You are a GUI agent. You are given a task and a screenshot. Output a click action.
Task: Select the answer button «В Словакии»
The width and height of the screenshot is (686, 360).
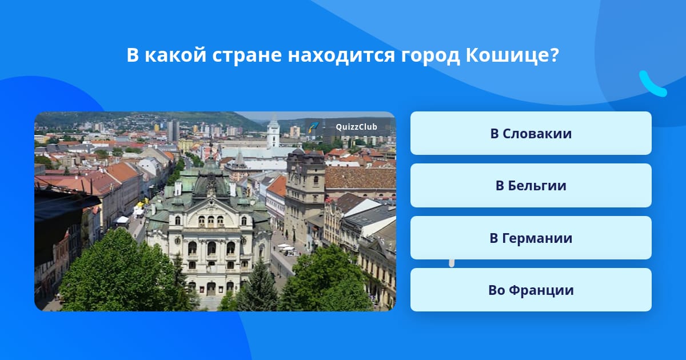[x=531, y=133]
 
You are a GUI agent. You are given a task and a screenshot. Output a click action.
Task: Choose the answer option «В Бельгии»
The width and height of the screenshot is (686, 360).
[x=531, y=186]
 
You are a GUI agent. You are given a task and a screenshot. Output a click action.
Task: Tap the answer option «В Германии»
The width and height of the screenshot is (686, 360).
[x=531, y=238]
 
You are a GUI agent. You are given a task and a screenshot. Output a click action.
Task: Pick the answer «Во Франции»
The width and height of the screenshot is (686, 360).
[x=531, y=290]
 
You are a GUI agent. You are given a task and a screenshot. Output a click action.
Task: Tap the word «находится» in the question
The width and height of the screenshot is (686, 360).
[x=341, y=56]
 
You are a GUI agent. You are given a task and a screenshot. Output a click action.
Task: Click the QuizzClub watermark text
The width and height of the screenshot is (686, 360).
[x=356, y=127]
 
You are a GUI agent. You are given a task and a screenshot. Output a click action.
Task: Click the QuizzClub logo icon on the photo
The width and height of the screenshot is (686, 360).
[x=313, y=126]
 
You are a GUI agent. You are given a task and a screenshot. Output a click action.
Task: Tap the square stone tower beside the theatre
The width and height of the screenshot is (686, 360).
[x=305, y=196]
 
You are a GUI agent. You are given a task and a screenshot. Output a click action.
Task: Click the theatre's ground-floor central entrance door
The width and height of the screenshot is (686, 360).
[x=211, y=289]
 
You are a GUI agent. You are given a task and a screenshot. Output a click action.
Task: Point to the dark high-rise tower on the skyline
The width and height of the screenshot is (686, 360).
[x=173, y=131]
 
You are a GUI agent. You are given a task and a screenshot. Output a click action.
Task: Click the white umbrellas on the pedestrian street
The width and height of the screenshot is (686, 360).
[x=286, y=247]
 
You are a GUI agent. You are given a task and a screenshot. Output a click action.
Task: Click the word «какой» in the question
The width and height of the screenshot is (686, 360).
[x=175, y=56]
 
